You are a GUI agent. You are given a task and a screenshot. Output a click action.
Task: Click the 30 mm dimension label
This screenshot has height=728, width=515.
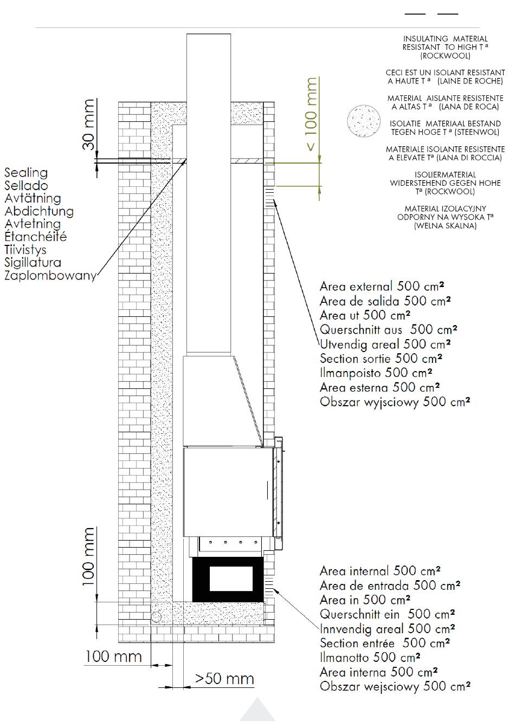tap(88, 125)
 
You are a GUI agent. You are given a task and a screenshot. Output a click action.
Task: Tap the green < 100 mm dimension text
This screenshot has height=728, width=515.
tap(311, 114)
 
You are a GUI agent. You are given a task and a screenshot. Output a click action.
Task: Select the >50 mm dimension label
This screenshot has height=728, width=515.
tap(224, 679)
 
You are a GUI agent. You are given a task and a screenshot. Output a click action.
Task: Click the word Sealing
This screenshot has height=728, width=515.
tap(26, 173)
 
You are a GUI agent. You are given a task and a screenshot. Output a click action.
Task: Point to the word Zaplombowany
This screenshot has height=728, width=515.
tap(50, 275)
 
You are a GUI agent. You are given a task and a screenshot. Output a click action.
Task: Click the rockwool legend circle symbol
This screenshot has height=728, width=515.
tap(364, 121)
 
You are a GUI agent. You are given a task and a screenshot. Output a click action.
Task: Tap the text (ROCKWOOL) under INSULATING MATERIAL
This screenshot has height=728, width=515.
tap(445, 56)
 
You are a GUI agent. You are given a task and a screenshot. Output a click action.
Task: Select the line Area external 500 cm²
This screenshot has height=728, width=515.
tap(382, 287)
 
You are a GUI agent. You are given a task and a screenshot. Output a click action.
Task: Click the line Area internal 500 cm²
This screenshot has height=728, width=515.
tap(380, 571)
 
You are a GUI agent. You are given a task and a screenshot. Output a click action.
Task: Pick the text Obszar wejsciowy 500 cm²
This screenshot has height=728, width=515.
tap(395, 686)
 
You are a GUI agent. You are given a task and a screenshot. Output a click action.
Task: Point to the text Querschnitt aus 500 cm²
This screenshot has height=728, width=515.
tap(389, 329)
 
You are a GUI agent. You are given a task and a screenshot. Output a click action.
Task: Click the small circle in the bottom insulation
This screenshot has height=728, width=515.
tap(156, 616)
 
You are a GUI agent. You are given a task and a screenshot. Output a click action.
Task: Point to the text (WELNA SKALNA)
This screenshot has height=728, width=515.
tap(445, 225)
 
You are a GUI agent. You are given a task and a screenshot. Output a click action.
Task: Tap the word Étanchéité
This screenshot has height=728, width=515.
tap(35, 236)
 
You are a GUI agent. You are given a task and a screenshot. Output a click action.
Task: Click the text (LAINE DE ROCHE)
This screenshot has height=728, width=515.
tap(470, 81)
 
